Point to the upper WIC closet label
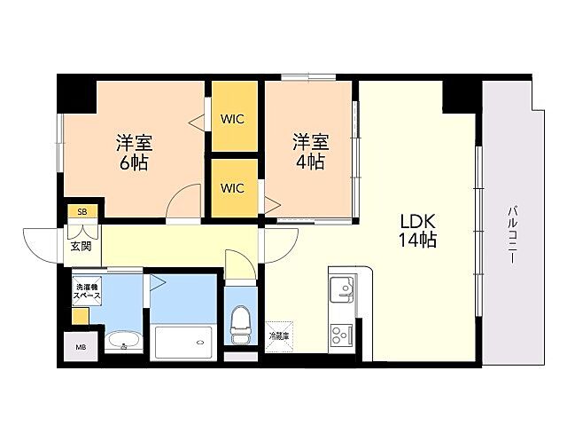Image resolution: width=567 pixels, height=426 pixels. click(x=233, y=118)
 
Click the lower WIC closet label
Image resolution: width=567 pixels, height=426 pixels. click(x=233, y=188)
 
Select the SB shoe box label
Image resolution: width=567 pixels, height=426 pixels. click(x=82, y=211)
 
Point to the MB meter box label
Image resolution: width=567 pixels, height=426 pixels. click(x=81, y=347)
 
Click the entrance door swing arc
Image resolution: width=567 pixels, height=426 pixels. click(x=40, y=245)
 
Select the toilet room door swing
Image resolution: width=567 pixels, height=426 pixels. click(x=238, y=264)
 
